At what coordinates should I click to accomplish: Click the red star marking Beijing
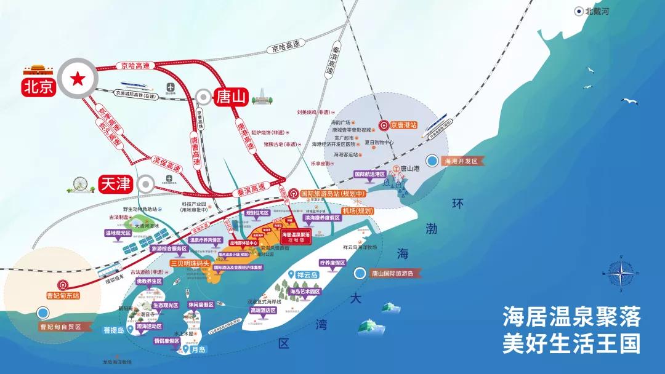[78, 79]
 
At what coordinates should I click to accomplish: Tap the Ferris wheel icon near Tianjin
[79, 184]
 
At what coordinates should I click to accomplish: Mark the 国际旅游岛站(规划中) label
[333, 193]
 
